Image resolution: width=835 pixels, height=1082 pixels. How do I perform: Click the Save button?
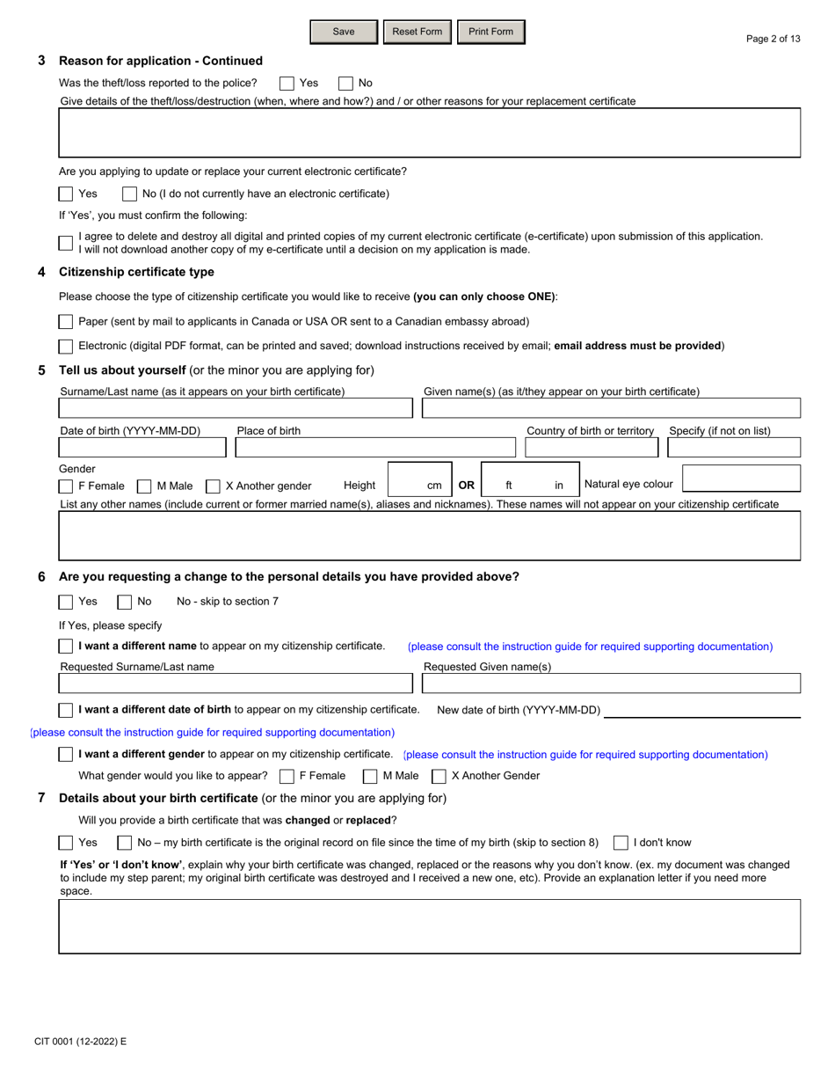344,32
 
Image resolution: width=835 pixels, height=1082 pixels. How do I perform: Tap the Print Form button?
490,32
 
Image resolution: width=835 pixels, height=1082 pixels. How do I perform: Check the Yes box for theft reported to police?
287,84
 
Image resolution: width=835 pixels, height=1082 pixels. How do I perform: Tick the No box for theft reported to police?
345,84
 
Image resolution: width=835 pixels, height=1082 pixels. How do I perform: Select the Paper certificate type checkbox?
66,322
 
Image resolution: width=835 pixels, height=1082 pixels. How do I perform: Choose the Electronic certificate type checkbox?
66,347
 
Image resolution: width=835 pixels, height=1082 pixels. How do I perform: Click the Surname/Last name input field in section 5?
235,408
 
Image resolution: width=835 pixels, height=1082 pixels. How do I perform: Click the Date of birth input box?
142,448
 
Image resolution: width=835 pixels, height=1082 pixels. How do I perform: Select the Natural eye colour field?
741,479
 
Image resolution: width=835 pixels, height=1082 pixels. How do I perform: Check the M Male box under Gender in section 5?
144,486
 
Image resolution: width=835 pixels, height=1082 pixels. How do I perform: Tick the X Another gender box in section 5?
213,486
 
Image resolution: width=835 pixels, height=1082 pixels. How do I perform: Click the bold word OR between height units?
466,486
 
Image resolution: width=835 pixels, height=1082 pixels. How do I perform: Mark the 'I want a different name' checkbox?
66,647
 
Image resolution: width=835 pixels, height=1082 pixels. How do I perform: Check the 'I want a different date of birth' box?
66,710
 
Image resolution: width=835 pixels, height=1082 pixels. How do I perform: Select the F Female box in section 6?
287,777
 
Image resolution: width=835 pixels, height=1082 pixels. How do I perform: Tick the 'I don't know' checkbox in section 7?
621,843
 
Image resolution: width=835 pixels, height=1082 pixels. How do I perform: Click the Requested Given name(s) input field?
612,684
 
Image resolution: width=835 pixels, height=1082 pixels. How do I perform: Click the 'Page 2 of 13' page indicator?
773,39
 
